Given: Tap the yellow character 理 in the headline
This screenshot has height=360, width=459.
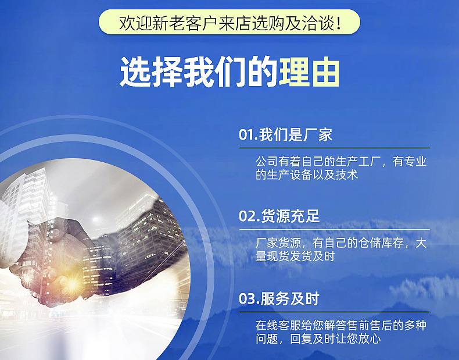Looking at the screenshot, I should (x=294, y=73).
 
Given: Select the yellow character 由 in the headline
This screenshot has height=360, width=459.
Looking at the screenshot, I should (x=325, y=73).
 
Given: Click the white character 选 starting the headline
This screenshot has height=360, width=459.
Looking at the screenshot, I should (x=135, y=73).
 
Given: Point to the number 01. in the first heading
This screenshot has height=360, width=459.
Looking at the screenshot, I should (x=248, y=136).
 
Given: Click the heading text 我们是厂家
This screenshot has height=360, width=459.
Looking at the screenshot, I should (x=296, y=135).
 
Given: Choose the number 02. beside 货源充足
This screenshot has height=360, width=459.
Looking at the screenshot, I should (x=249, y=217).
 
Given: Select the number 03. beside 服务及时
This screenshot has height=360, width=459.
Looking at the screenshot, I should (x=249, y=300).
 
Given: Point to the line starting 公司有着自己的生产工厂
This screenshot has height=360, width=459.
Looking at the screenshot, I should (x=341, y=161).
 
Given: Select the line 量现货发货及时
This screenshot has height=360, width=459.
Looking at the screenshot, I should (x=295, y=256).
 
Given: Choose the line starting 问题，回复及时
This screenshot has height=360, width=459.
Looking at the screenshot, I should (x=318, y=339).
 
